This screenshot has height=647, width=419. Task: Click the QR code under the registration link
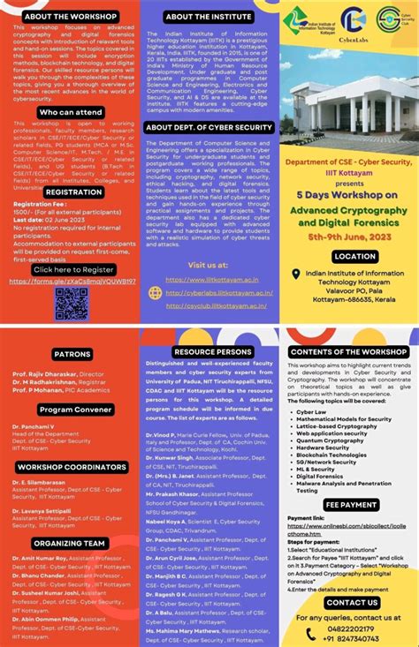pyautogui.click(x=71, y=303)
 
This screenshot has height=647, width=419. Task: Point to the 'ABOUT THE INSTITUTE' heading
pyautogui.click(x=209, y=16)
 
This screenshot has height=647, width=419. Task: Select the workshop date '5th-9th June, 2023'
pyautogui.click(x=349, y=238)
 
